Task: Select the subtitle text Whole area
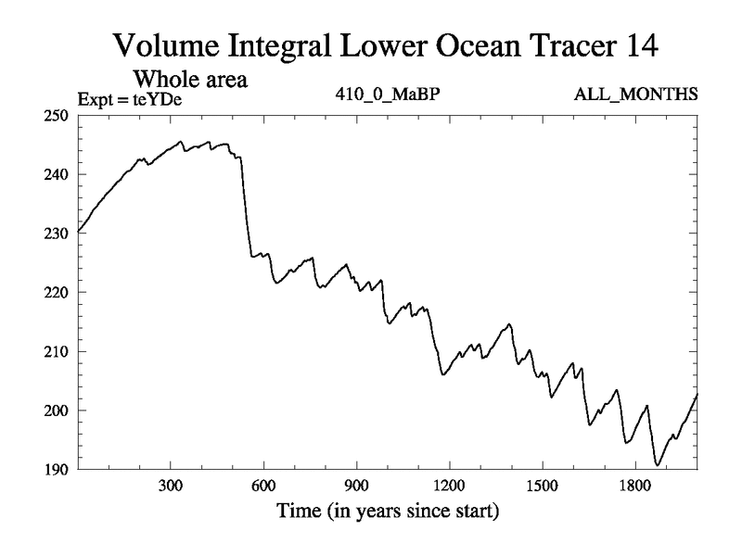(194, 81)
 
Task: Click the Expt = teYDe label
(122, 97)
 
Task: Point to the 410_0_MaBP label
(386, 95)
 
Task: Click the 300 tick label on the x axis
(171, 486)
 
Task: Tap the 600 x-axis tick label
(263, 486)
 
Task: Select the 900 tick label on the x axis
(356, 486)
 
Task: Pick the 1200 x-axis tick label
(449, 486)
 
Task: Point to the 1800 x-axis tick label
(634, 486)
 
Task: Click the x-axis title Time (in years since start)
(387, 511)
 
